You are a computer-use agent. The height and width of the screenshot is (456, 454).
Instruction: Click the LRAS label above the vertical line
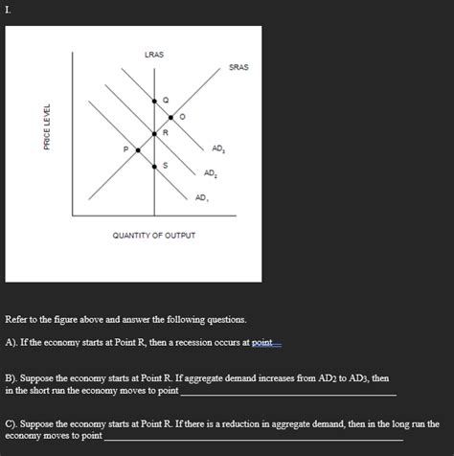coord(153,55)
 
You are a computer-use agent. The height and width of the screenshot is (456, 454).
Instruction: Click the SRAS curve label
coord(238,67)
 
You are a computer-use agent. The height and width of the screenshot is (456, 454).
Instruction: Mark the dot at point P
coord(137,150)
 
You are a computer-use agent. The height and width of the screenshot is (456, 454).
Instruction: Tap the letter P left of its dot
coord(125,149)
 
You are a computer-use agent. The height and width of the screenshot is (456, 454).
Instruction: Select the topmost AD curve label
coord(219,149)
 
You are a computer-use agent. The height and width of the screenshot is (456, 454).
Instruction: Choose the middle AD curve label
coord(210,172)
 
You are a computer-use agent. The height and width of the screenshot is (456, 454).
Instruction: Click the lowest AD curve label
coord(200,197)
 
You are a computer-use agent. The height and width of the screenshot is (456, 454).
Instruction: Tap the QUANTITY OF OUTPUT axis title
coord(153,235)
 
